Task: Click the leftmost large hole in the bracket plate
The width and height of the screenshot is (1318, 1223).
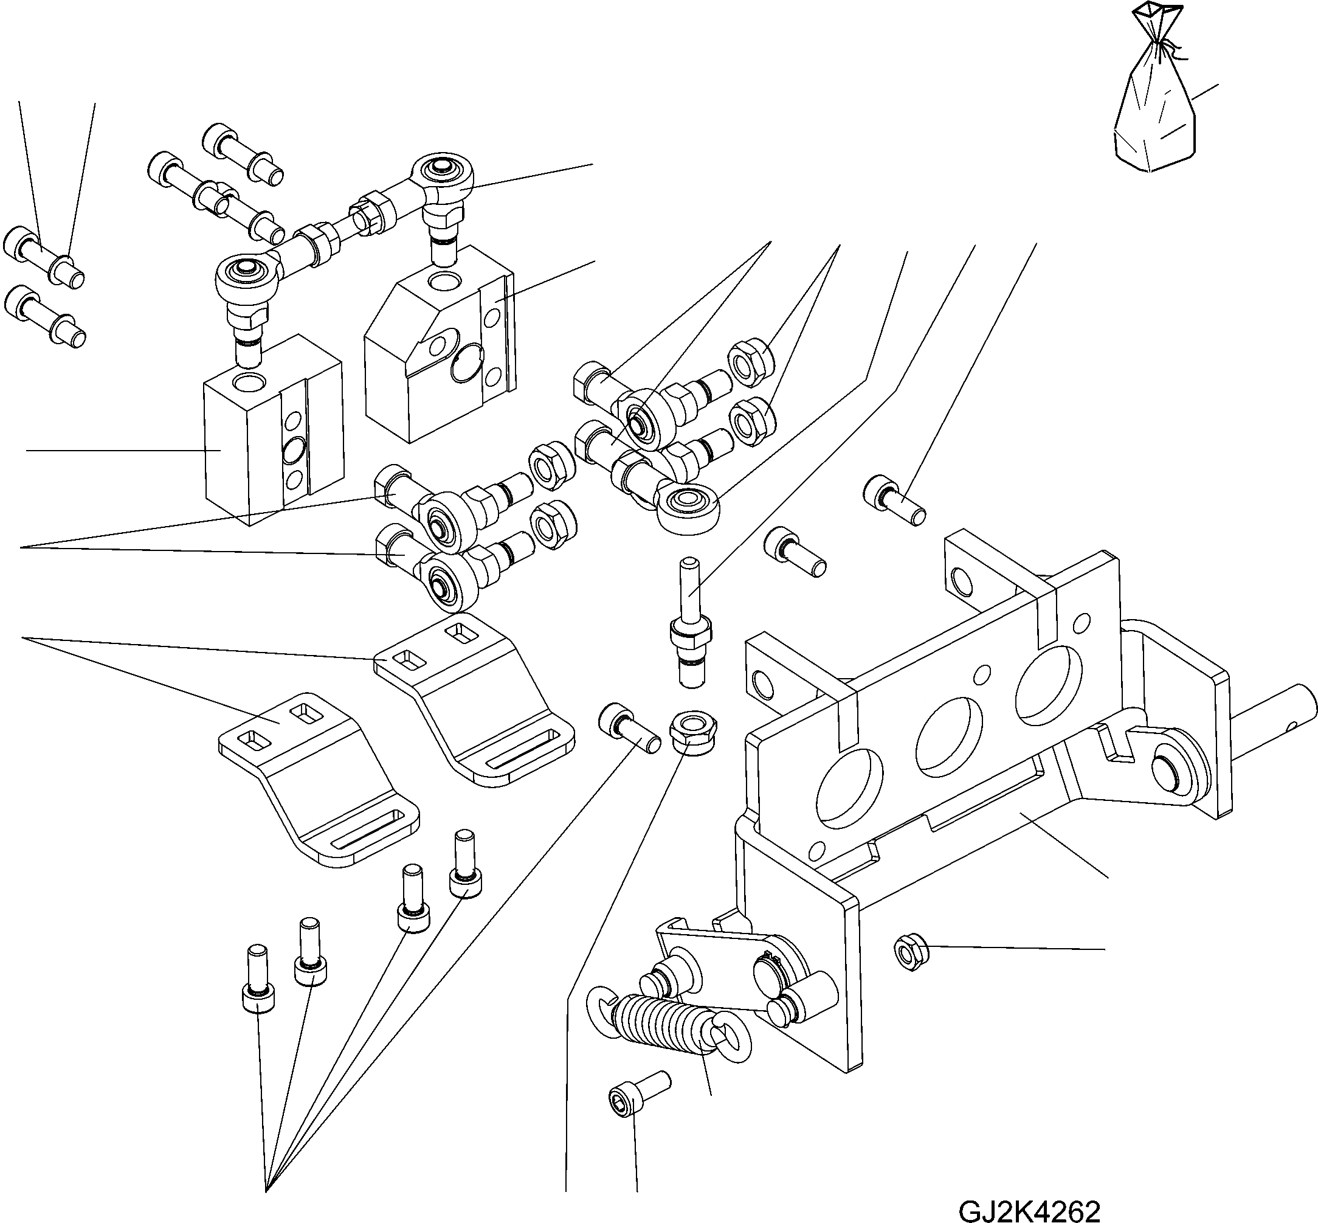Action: coord(849,790)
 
